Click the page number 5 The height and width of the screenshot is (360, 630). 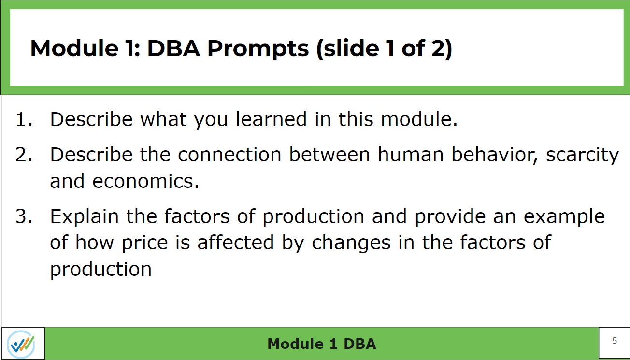614,341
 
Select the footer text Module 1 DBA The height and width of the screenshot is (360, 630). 321,344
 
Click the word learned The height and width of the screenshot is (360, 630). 271,119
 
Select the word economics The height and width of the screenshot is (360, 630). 145,181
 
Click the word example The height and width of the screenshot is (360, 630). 564,217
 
